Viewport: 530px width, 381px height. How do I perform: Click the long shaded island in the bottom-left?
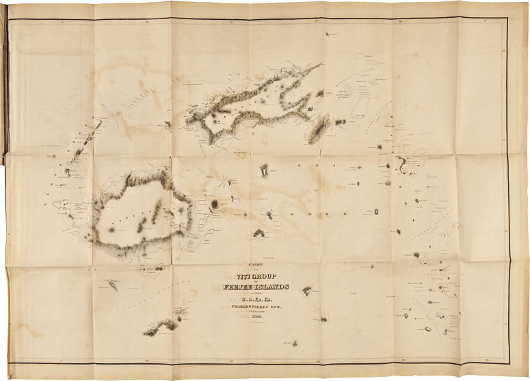coord(161,326)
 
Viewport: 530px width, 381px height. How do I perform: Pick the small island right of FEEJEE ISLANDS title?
coord(308,291)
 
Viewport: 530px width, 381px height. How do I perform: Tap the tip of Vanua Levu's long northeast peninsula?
coord(319,66)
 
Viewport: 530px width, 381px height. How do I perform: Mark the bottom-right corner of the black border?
coord(509,360)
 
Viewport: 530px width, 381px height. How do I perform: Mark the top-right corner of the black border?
coord(507,18)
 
